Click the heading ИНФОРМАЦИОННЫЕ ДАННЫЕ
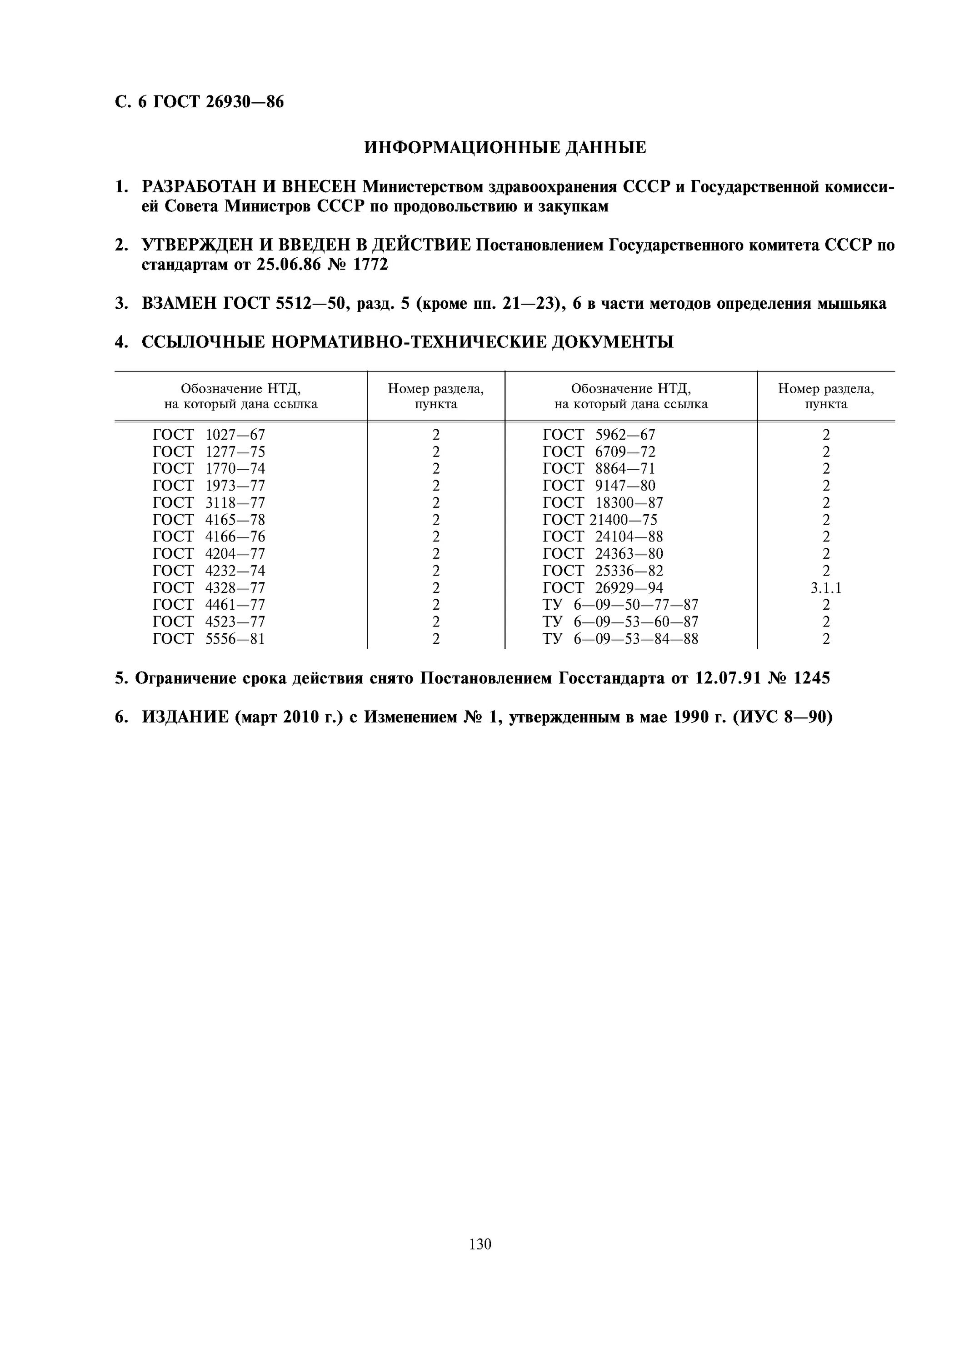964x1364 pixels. pyautogui.click(x=504, y=147)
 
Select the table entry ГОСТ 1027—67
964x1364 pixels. pyautogui.click(x=209, y=435)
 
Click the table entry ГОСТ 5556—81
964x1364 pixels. pyautogui.click(x=209, y=639)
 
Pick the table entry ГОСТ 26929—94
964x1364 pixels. pyautogui.click(x=602, y=588)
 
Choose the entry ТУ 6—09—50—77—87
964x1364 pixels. pyautogui.click(x=620, y=605)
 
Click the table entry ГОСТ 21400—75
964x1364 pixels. pyautogui.click(x=600, y=520)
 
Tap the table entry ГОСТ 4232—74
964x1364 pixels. pyautogui.click(x=209, y=571)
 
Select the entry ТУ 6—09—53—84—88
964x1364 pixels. pyautogui.click(x=620, y=639)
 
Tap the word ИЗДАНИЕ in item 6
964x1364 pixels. pyautogui.click(x=185, y=717)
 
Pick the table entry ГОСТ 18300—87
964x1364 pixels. pyautogui.click(x=602, y=503)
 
